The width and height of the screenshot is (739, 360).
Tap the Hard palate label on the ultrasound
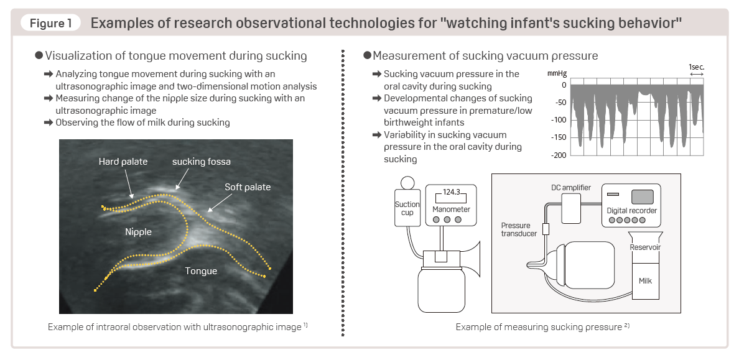point(123,162)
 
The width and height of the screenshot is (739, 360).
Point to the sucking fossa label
point(202,162)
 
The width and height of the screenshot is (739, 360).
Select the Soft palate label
point(248,187)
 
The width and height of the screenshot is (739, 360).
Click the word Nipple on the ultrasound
point(138,232)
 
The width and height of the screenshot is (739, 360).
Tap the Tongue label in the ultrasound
point(201,271)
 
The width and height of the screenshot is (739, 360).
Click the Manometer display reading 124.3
point(452,193)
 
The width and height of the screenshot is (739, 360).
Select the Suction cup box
point(407,209)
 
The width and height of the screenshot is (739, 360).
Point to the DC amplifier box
point(571,208)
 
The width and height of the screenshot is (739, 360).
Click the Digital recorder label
point(631,211)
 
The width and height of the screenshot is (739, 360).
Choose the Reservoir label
point(645,247)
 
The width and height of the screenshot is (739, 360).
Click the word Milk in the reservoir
point(645,281)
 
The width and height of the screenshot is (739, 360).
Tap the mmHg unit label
point(555,74)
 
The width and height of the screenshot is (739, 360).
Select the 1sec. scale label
point(696,66)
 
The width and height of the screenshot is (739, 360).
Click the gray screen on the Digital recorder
point(643,197)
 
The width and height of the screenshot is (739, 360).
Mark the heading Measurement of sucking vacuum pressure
point(485,56)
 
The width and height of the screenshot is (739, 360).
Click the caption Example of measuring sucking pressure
point(539,327)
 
